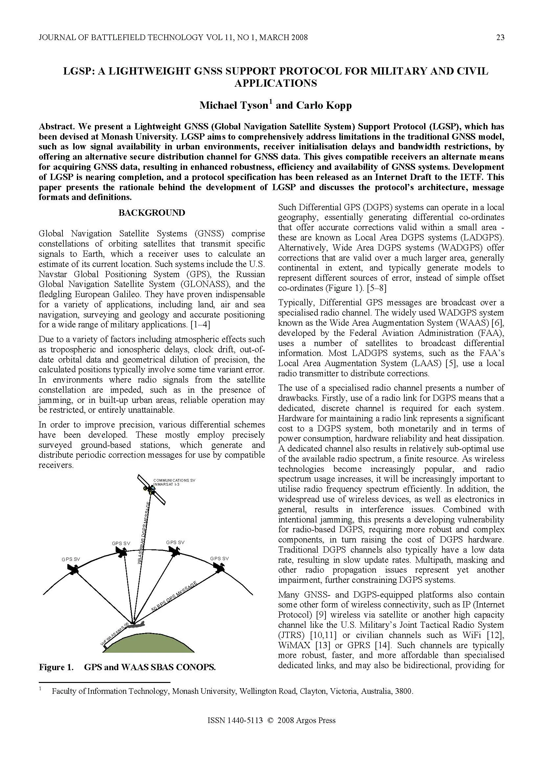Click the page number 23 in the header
click(x=500, y=37)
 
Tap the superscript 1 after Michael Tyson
click(x=271, y=102)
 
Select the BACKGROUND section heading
click(x=151, y=213)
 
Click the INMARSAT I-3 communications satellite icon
click(x=152, y=489)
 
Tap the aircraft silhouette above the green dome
click(x=135, y=624)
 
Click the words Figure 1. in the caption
click(x=56, y=667)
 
